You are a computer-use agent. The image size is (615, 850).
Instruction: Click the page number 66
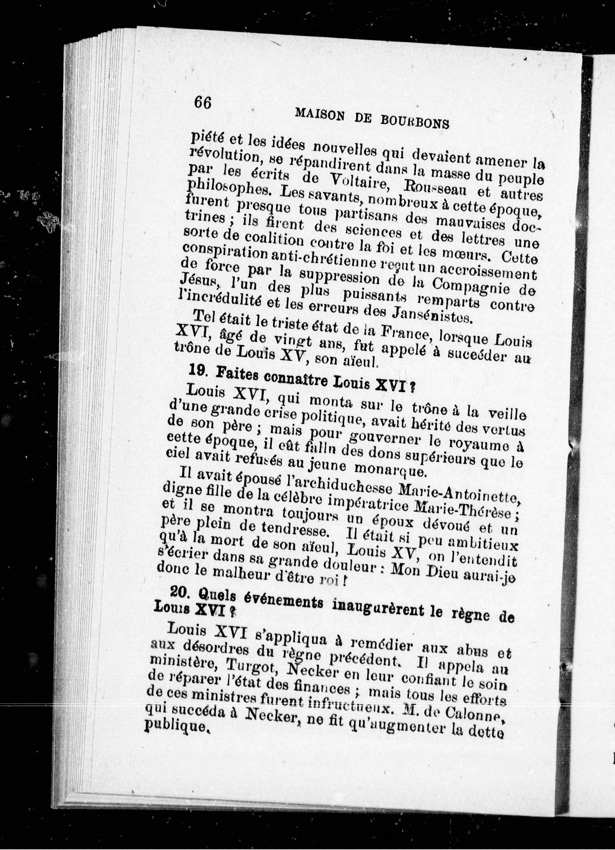(203, 102)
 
